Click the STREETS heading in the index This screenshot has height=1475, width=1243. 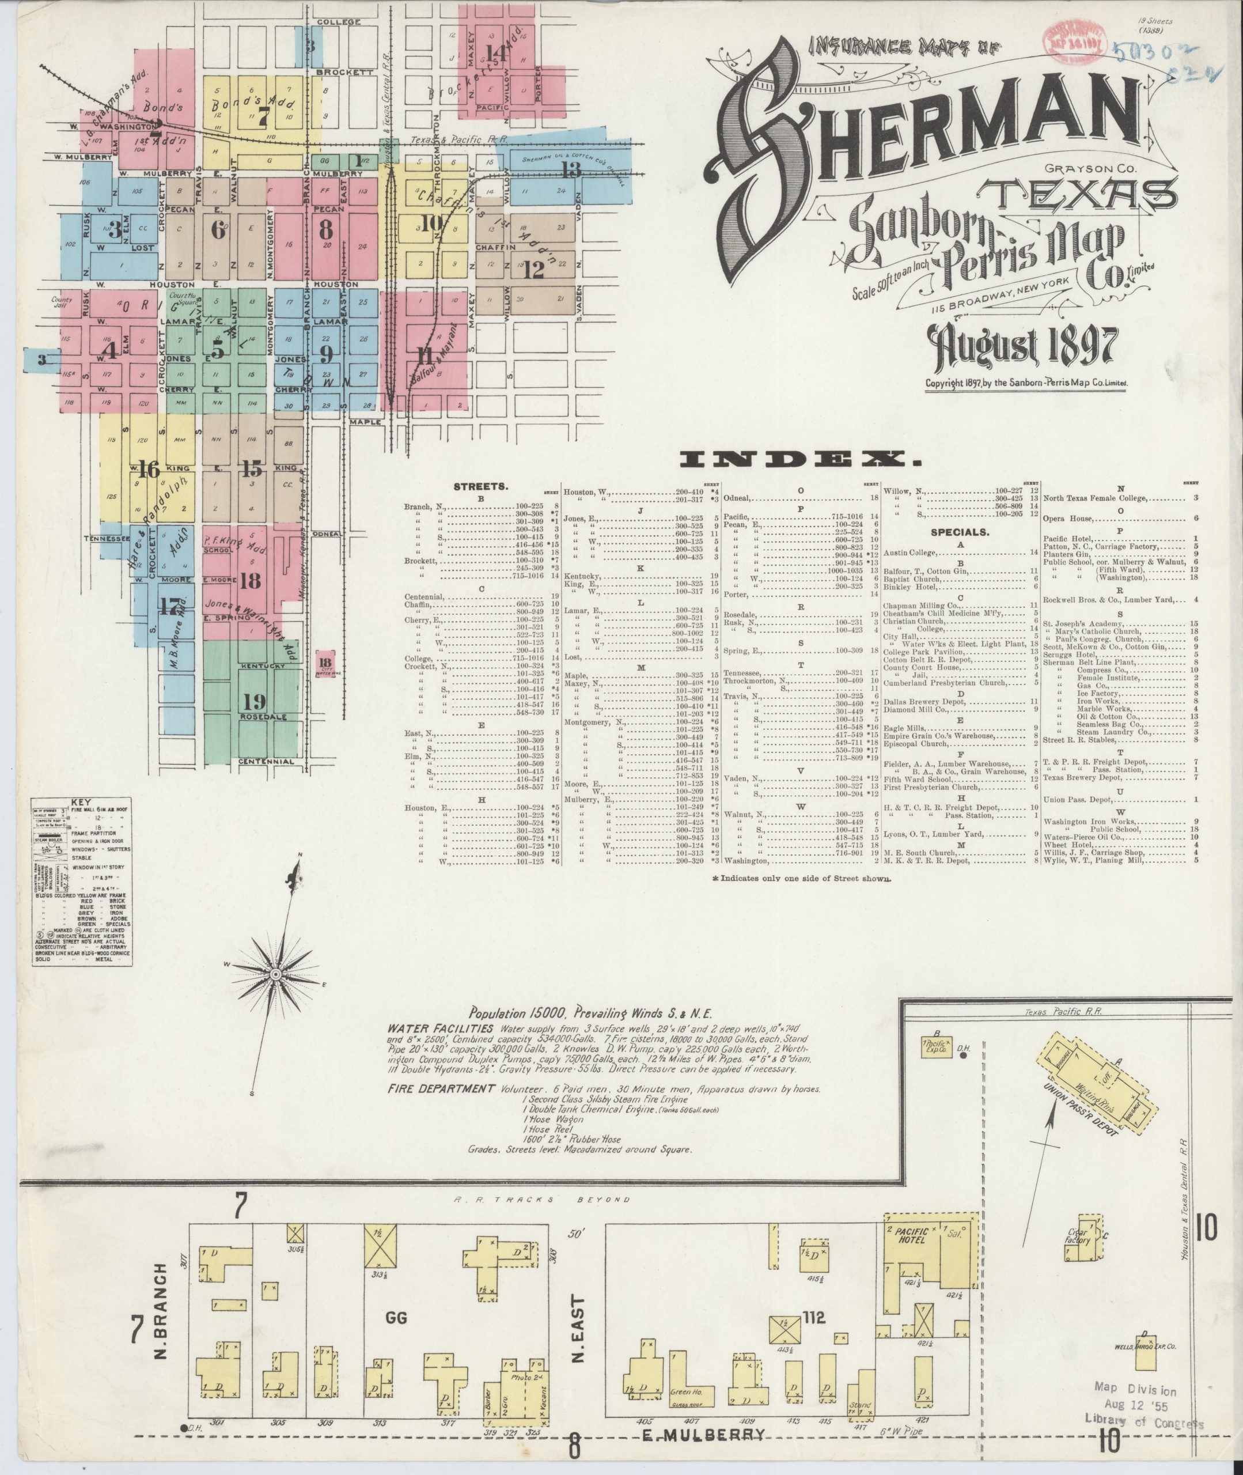coord(478,486)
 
